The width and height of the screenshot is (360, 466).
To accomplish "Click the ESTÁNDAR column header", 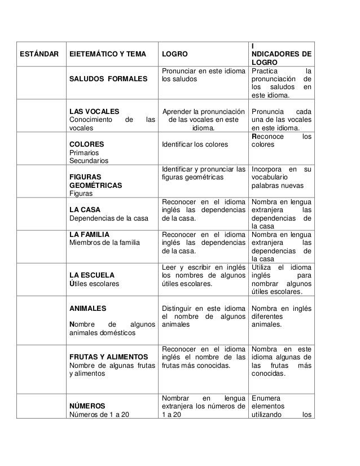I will click(38, 55).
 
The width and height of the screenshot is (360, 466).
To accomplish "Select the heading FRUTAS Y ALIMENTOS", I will click(108, 357).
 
